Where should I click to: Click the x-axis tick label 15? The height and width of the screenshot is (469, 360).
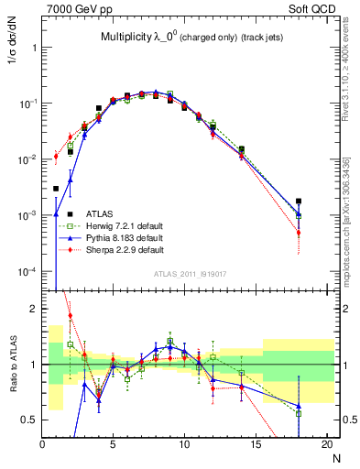(x=256, y=444)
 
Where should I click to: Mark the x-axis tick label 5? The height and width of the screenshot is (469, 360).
(x=114, y=444)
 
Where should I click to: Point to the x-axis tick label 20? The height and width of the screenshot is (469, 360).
(x=326, y=444)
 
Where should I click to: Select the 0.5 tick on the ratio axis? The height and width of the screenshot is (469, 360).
(x=30, y=420)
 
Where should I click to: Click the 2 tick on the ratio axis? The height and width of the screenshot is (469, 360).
(x=33, y=309)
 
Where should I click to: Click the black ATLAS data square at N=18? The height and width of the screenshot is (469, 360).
(x=299, y=202)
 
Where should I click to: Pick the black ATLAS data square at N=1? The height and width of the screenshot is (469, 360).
(x=57, y=189)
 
